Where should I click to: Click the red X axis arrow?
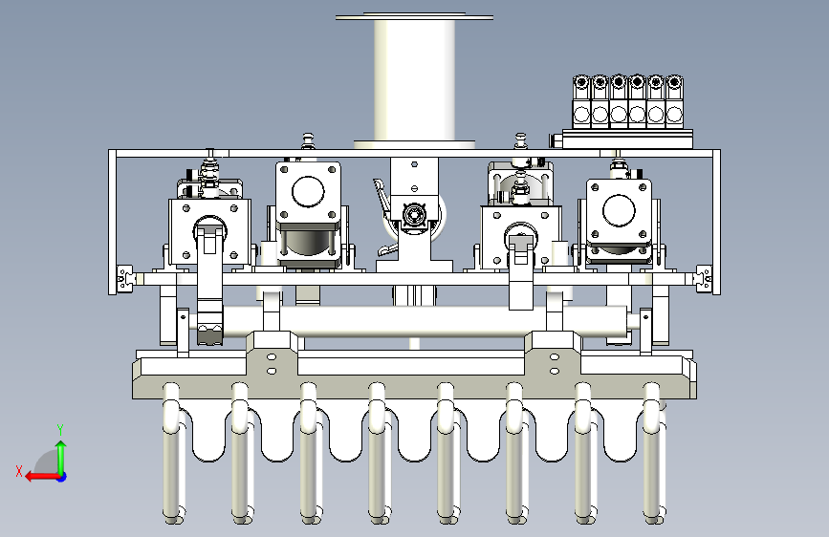point(42,477)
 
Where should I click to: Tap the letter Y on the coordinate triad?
point(60,430)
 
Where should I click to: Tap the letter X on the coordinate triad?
point(19,471)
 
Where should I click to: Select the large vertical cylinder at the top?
point(415,79)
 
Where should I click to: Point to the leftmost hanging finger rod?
point(172,454)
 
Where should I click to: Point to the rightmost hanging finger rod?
point(653,454)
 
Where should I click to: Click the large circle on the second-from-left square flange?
point(308,191)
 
